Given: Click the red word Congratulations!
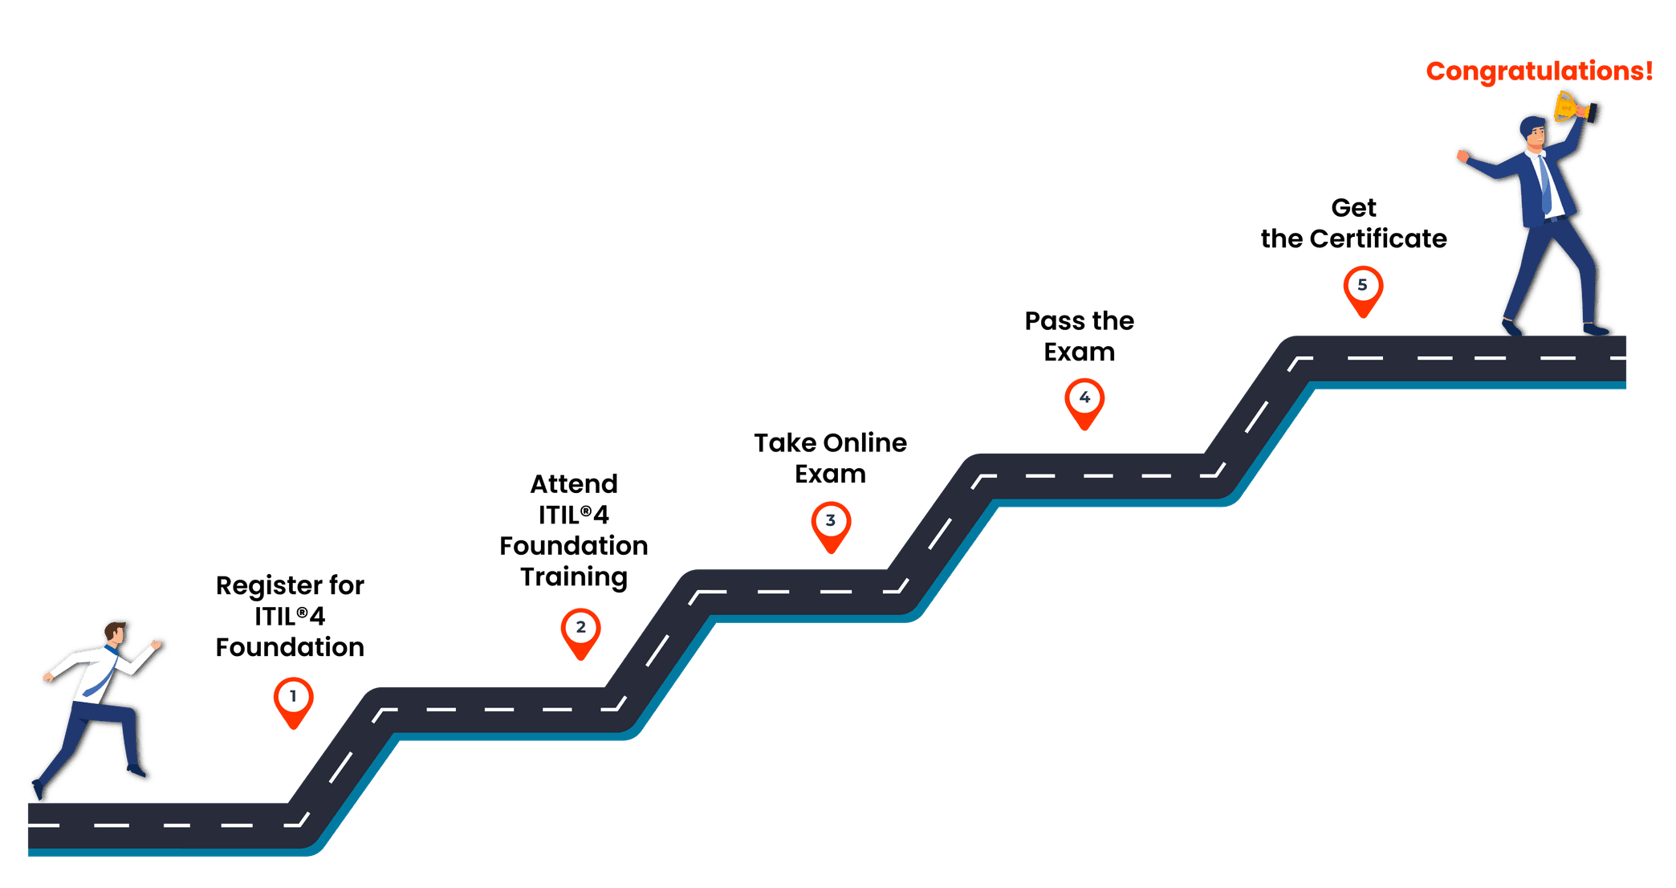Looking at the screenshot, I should [1539, 71].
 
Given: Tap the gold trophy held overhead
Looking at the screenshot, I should [1567, 106].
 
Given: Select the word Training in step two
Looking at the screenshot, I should [573, 577].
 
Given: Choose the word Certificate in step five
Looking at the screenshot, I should [1378, 238].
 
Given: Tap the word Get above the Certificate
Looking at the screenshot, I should [1353, 208].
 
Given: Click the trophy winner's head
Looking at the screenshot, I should [1533, 132].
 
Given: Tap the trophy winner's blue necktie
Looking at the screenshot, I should [1544, 185].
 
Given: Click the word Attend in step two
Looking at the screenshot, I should [574, 484].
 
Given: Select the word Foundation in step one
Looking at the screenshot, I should [290, 647].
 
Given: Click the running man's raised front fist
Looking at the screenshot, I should [156, 644].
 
